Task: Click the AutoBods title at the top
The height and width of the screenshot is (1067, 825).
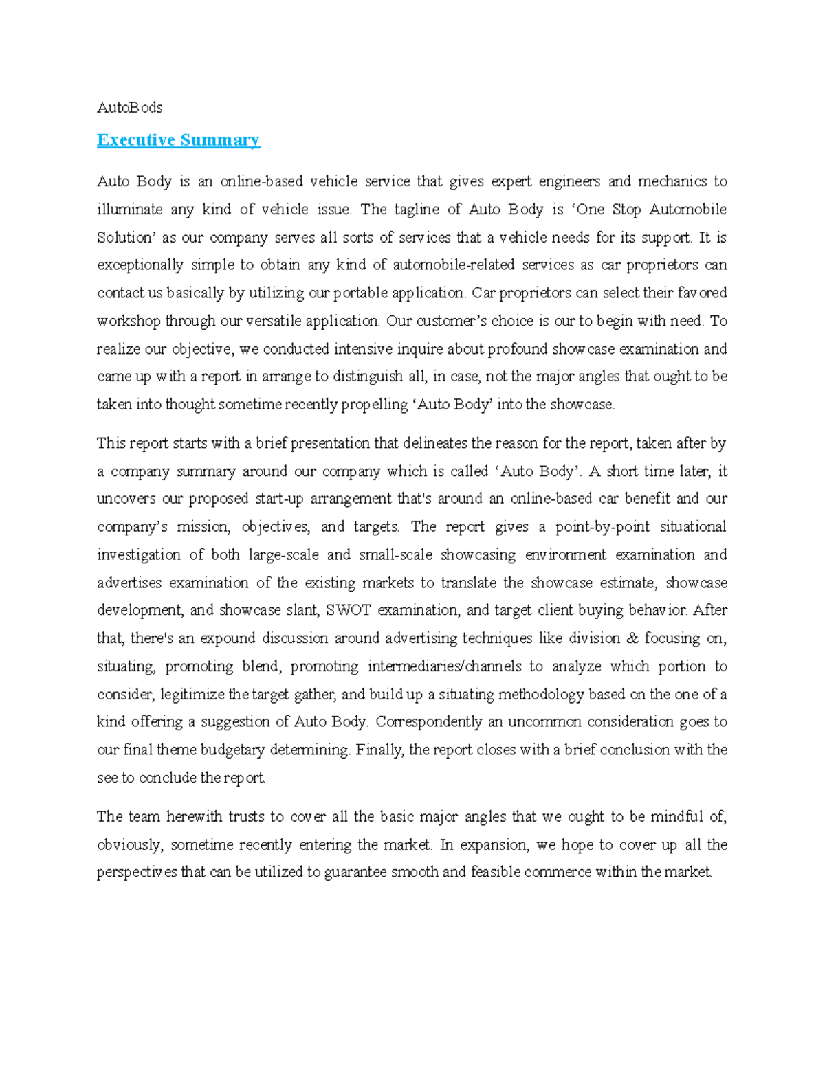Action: (x=129, y=107)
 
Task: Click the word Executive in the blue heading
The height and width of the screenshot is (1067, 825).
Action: (x=135, y=140)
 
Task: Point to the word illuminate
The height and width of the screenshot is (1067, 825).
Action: (x=129, y=210)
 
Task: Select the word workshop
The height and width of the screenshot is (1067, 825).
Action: (x=129, y=321)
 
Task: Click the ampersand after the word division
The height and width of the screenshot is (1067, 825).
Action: (x=632, y=638)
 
